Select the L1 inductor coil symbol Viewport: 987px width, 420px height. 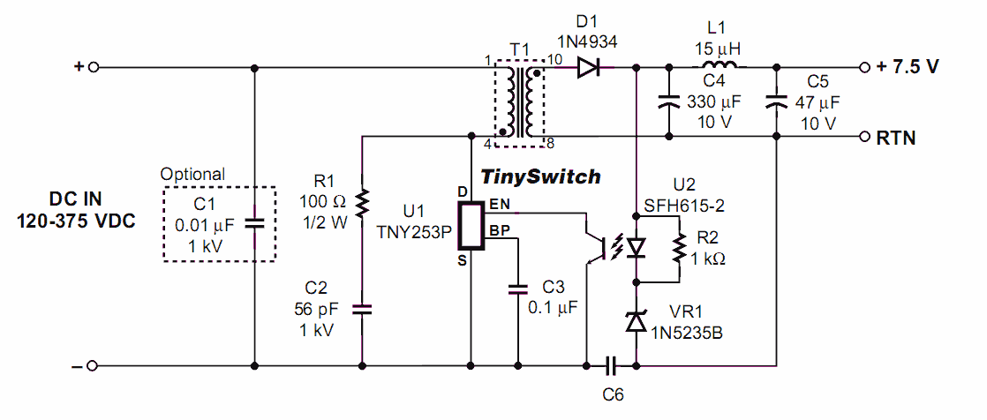(720, 67)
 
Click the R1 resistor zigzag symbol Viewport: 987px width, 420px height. (361, 204)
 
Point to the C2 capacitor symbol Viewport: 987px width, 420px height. (361, 309)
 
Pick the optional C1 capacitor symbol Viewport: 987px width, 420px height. (254, 223)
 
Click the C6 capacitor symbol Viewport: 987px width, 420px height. (612, 364)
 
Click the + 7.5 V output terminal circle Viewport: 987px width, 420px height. (864, 67)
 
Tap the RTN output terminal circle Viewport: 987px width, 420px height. (864, 137)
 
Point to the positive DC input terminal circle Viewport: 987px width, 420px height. (92, 67)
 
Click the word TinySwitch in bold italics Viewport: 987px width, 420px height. (540, 177)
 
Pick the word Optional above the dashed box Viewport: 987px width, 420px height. (192, 175)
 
